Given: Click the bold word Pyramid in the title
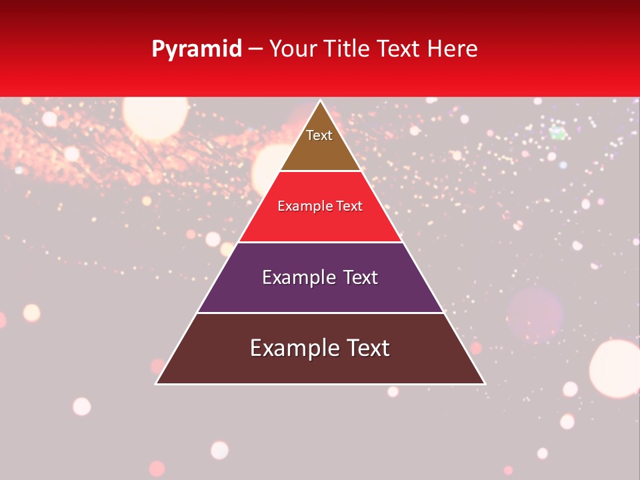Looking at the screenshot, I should coord(197,49).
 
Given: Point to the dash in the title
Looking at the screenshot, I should coord(255,49).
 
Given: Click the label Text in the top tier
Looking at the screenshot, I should coord(319,135).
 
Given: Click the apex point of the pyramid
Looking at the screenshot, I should coord(320,101).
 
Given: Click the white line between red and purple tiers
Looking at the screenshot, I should coord(320,242).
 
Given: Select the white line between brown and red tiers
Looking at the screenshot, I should coord(320,171).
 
